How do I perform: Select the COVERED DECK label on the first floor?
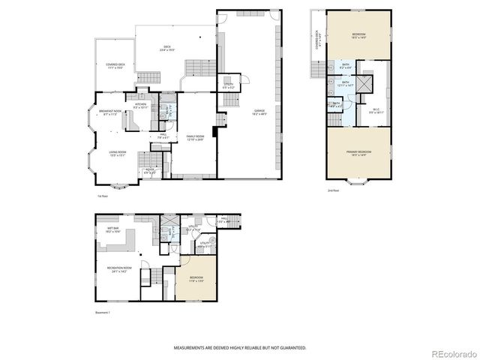point(115,65)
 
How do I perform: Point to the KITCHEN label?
point(140,105)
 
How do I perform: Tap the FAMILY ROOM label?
point(195,137)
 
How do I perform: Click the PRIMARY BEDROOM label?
point(359,152)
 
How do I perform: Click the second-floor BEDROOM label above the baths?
point(359,34)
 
